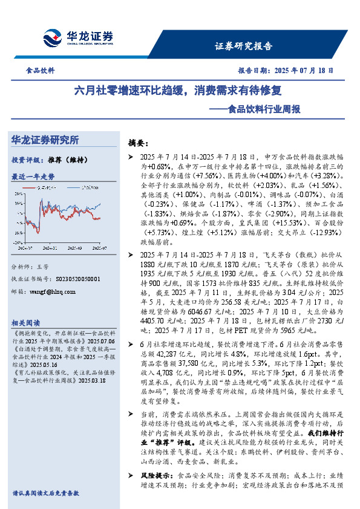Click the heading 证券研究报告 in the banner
point(244,45)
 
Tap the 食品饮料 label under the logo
point(41,70)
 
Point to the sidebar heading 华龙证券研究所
point(45,140)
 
